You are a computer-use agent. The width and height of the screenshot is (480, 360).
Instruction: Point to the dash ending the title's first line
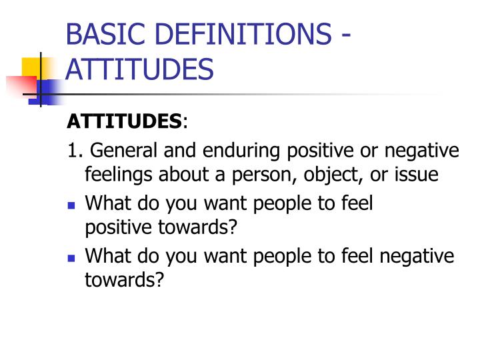pyautogui.click(x=345, y=35)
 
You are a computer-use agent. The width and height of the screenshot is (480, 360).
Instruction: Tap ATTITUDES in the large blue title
pyautogui.click(x=140, y=69)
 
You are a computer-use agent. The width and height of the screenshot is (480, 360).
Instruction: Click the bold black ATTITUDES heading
pyautogui.click(x=125, y=121)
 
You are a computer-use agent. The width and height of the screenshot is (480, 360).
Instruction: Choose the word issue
pyautogui.click(x=417, y=175)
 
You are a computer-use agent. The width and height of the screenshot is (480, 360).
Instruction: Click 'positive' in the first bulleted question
pyautogui.click(x=114, y=227)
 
